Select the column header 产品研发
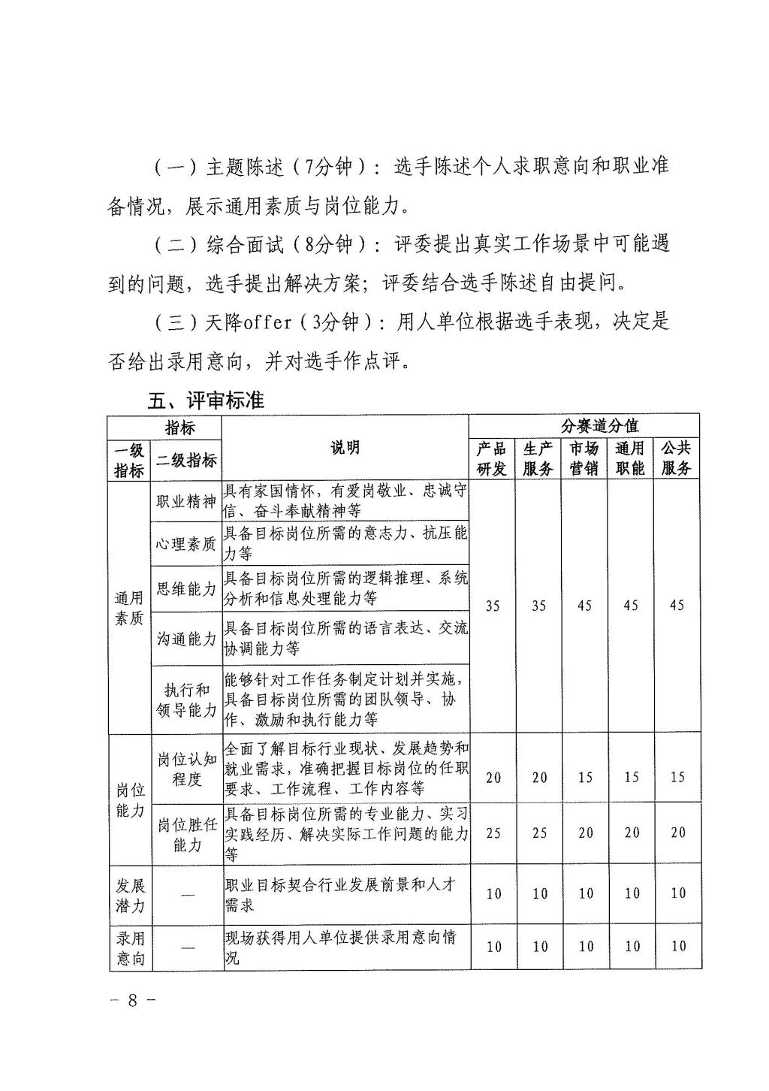point(492,458)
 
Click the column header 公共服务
point(676,458)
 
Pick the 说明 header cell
point(345,448)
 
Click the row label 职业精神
point(186,501)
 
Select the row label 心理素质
point(186,543)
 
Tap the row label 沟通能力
point(186,639)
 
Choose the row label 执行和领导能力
point(186,700)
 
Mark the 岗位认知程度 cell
point(186,769)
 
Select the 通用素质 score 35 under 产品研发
point(493,606)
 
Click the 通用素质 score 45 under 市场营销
point(584,606)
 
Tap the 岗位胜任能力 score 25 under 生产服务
point(539,833)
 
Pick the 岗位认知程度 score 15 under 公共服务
point(677,777)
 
